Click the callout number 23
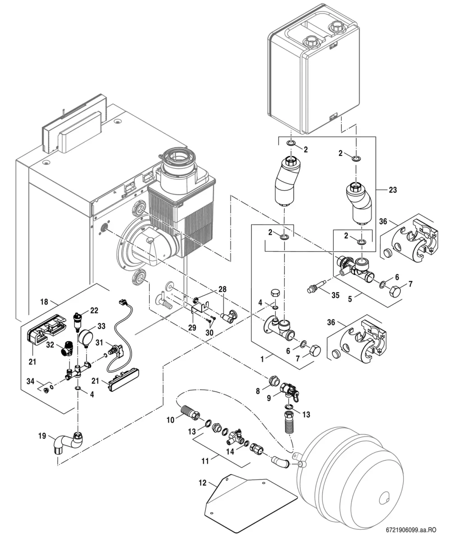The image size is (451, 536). [x=392, y=190]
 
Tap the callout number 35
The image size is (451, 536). [x=336, y=295]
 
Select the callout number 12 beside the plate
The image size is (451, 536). [x=203, y=483]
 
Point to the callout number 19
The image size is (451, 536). [x=41, y=436]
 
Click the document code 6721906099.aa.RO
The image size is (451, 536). [x=411, y=530]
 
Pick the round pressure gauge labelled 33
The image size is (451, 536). [x=84, y=337]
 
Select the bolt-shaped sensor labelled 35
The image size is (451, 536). [x=316, y=288]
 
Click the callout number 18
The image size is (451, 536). [x=44, y=302]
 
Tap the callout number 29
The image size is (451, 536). [x=192, y=327]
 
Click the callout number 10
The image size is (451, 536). [x=170, y=420]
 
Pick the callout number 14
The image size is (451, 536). [x=230, y=452]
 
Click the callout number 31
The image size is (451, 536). [x=99, y=342]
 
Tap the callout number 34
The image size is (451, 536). [x=30, y=381]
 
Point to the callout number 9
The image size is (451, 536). [x=269, y=398]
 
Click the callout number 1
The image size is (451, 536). [x=262, y=359]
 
